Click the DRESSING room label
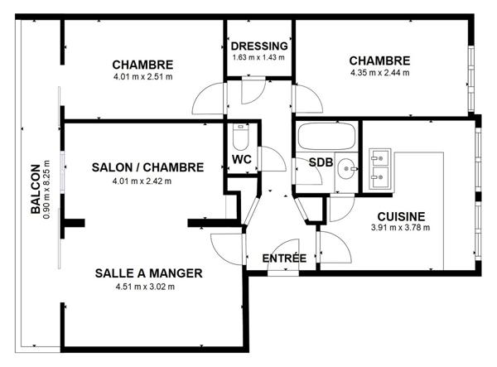(x=259, y=46)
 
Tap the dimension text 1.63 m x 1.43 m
(x=259, y=57)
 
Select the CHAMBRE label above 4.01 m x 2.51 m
(x=142, y=65)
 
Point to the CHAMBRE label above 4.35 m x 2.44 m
(x=379, y=60)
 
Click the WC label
(x=242, y=158)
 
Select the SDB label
(x=321, y=162)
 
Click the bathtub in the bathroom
(x=326, y=138)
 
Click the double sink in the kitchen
(x=382, y=165)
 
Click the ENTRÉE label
(x=284, y=258)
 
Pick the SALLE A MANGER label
(x=148, y=273)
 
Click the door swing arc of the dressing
(x=253, y=90)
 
